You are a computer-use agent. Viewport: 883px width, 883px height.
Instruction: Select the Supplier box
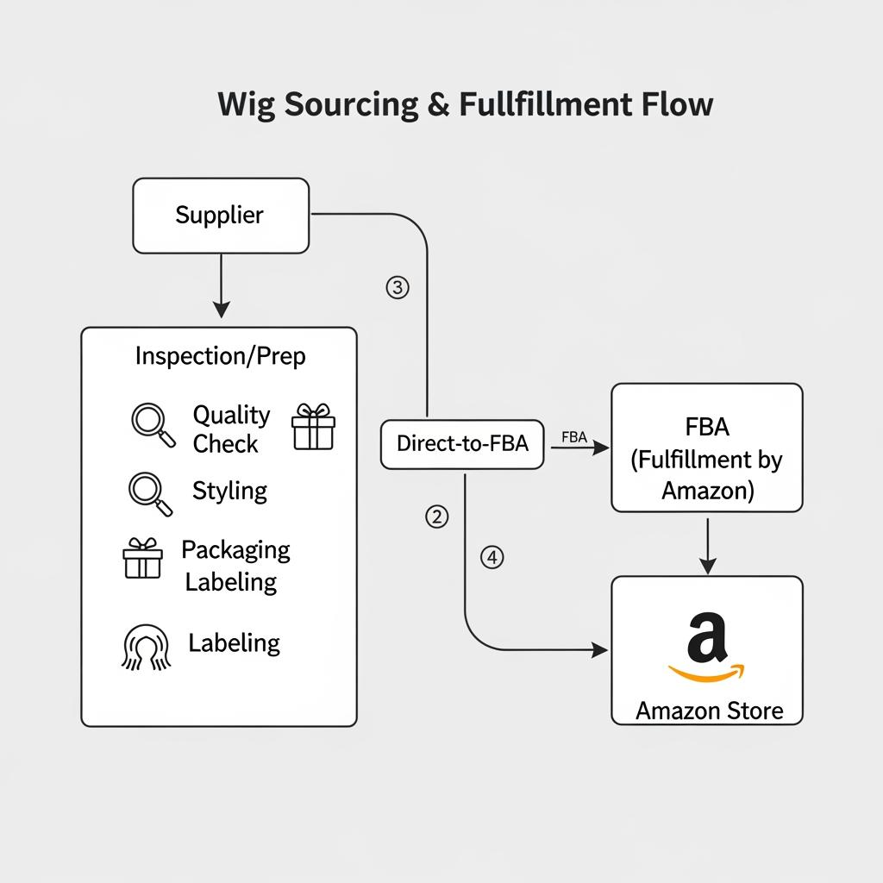(221, 216)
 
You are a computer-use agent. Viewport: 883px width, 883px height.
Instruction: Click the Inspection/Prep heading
(220, 355)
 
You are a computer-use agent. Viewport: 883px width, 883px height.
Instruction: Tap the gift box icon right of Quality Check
(313, 427)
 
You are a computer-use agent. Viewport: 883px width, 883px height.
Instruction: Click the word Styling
(229, 491)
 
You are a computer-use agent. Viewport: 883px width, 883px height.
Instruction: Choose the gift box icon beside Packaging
(142, 559)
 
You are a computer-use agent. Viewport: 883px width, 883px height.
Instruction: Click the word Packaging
(235, 550)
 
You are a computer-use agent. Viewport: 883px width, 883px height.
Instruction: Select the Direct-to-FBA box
(462, 444)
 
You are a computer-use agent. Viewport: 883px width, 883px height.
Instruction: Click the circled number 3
(397, 288)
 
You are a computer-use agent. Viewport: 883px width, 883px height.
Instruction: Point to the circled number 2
(437, 517)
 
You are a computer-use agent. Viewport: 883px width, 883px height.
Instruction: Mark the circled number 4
(491, 558)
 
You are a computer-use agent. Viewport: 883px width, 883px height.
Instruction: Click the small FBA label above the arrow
(573, 437)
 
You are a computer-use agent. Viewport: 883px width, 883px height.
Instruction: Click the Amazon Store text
(709, 711)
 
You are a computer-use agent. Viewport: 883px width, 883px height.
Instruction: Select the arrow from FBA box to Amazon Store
(707, 545)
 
